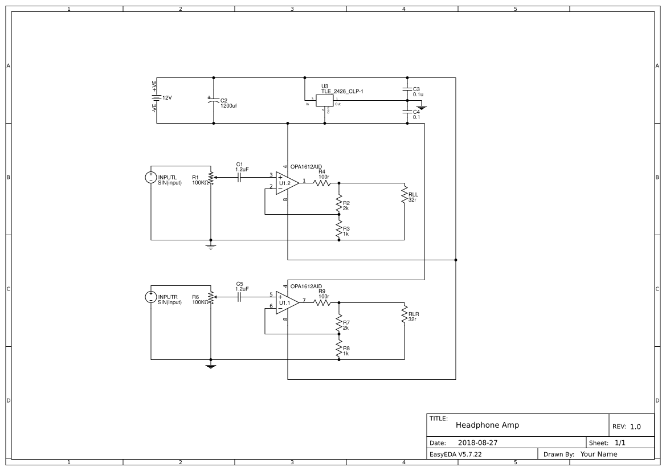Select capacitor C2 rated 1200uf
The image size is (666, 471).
click(214, 100)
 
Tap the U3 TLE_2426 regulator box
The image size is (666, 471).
click(324, 100)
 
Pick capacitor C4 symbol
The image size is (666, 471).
click(407, 112)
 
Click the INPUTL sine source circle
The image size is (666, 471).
click(151, 177)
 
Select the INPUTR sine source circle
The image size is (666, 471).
click(151, 297)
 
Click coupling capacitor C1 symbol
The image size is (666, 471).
click(239, 177)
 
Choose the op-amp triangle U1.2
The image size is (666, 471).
click(287, 183)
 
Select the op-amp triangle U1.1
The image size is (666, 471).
click(287, 302)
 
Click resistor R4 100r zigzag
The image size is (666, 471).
click(322, 183)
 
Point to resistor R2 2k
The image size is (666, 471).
click(339, 203)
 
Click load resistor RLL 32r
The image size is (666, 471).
click(404, 194)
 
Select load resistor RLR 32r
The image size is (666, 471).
click(404, 314)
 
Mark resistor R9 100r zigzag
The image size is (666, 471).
click(322, 302)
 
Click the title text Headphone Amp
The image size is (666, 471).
click(487, 425)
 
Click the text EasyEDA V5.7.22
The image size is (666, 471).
click(455, 454)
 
